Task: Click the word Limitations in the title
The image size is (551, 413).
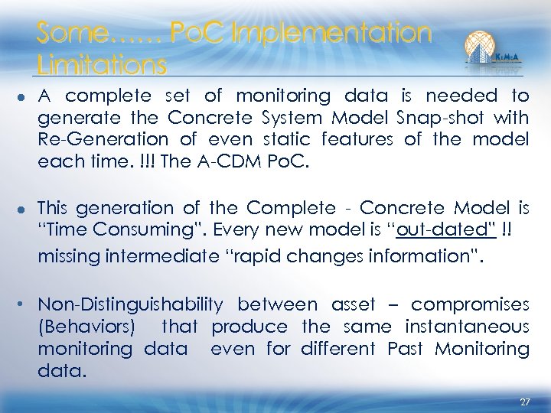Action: [x=101, y=66]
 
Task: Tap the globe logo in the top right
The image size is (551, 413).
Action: [x=483, y=48]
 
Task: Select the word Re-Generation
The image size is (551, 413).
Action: [x=103, y=140]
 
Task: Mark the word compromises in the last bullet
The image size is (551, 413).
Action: [x=470, y=305]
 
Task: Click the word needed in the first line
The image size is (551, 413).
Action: [x=461, y=96]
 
